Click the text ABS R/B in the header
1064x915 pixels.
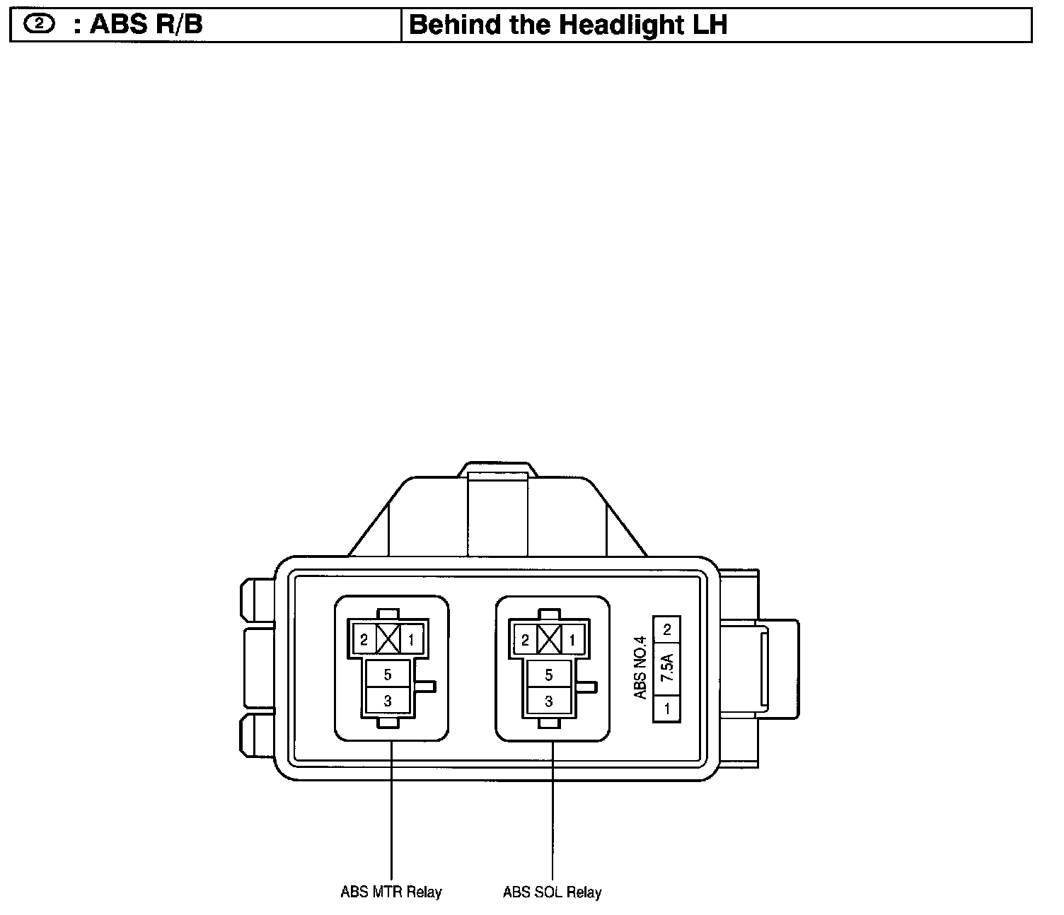tap(146, 25)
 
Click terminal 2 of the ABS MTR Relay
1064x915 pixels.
tap(364, 641)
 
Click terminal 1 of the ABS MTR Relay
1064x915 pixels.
tap(411, 641)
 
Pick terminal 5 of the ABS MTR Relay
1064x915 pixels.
tap(388, 675)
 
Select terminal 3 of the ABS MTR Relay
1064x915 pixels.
tap(388, 701)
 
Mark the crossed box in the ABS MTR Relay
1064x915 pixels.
tap(388, 640)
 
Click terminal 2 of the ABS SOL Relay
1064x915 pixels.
tap(525, 641)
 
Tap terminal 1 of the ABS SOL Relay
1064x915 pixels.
tap(572, 641)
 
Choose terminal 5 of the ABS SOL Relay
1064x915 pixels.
tap(549, 675)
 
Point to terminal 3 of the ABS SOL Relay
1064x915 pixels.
tap(549, 701)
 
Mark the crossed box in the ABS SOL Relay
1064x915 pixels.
tap(549, 640)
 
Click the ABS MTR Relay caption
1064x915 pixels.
tap(391, 892)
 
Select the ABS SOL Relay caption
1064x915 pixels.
tap(552, 892)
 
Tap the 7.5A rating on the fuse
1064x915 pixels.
tap(666, 668)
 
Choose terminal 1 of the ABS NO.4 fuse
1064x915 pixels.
tap(666, 707)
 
